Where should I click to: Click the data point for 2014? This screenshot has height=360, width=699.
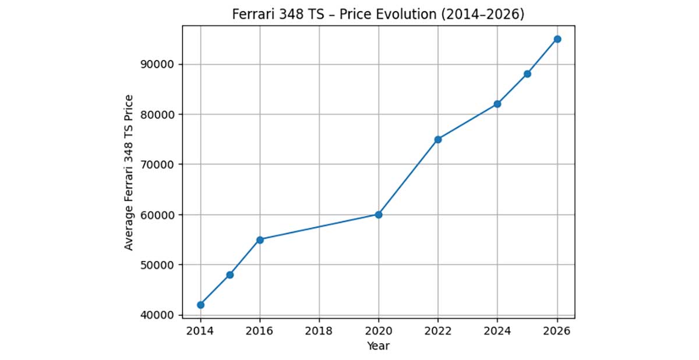pos(200,305)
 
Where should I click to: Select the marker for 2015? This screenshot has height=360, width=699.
pos(230,274)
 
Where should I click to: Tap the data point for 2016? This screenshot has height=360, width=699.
pos(260,239)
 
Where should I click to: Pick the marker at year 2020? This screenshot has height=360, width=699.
pos(379,214)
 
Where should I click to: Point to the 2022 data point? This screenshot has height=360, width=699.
pos(438,139)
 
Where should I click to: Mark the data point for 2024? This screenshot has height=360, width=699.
pos(497,104)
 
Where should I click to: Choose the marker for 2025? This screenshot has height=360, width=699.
pos(527,74)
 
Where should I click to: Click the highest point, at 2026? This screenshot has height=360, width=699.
pos(557,39)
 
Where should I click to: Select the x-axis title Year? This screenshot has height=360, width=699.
pos(378,346)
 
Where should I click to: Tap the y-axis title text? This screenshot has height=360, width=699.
pos(129,172)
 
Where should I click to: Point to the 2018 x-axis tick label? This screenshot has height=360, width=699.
pos(319,331)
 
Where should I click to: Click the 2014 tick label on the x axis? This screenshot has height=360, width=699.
pos(200,331)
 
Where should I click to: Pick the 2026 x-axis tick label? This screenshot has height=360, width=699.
pos(557,331)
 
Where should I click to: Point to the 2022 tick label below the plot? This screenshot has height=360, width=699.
pos(438,331)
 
